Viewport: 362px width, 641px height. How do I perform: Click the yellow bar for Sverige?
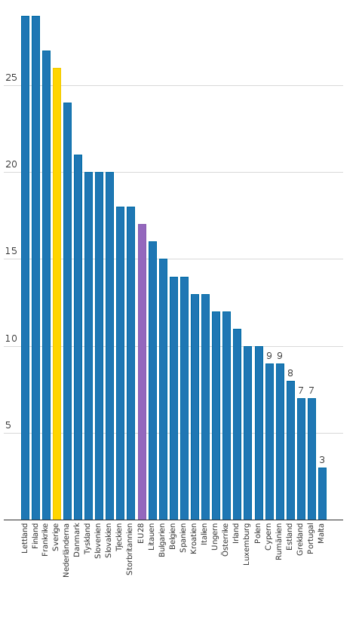click(x=57, y=294)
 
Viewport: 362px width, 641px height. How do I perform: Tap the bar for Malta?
click(x=322, y=494)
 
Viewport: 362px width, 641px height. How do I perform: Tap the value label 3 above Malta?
click(x=322, y=460)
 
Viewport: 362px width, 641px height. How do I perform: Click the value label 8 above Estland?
click(x=290, y=373)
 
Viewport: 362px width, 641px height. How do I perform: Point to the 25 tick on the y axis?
click(x=11, y=78)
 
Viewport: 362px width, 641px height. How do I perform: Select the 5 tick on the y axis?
click(x=8, y=425)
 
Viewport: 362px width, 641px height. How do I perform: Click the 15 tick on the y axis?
click(x=11, y=251)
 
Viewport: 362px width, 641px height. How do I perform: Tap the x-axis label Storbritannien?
click(x=130, y=549)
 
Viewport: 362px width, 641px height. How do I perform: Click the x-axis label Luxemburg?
click(x=247, y=544)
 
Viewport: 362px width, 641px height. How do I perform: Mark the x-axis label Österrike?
click(x=226, y=540)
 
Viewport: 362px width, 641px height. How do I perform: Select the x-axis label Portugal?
click(x=311, y=538)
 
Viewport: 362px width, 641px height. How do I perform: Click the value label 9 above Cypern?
click(x=269, y=356)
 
